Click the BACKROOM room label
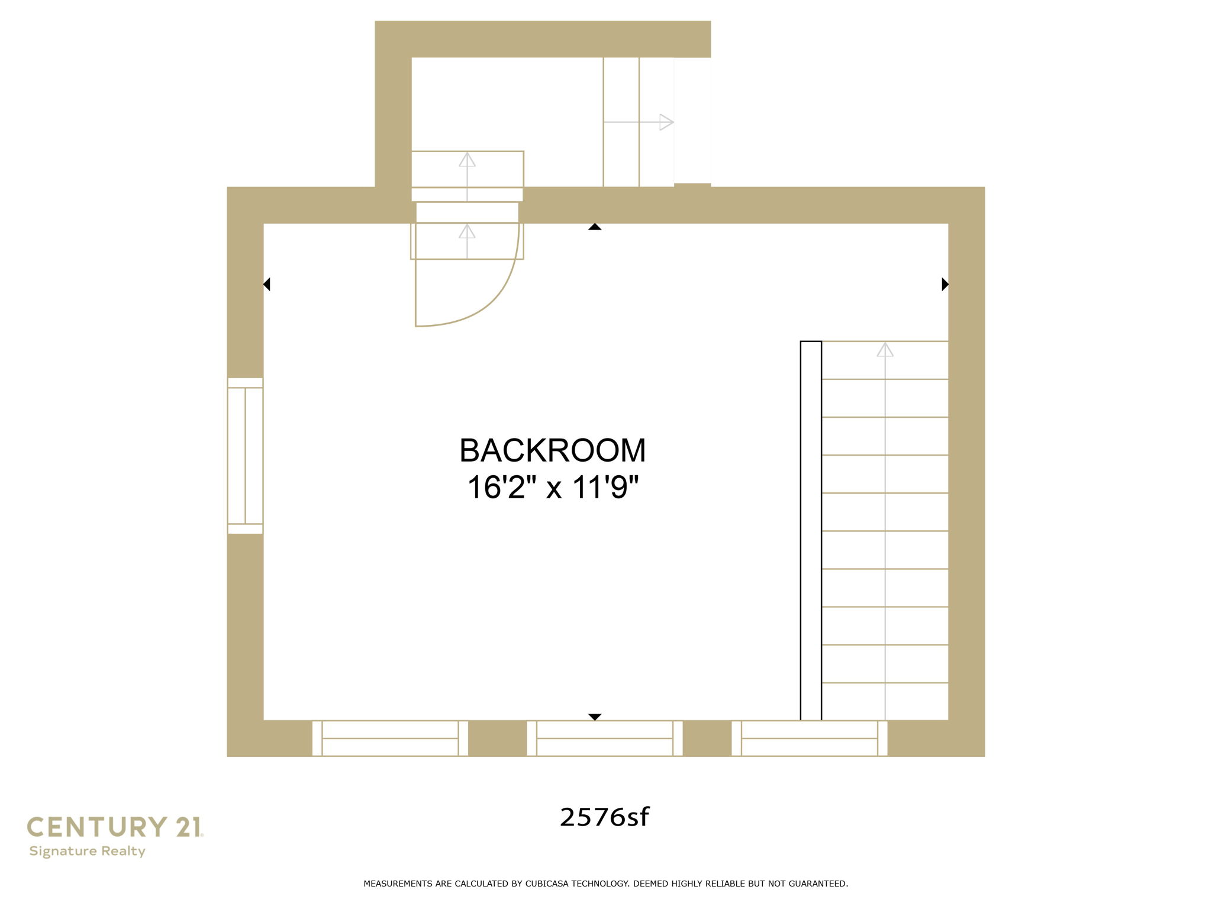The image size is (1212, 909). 552,450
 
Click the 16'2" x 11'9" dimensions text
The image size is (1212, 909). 553,488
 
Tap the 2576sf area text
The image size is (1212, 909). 604,817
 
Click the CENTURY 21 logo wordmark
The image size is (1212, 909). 115,827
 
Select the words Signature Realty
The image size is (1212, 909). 87,851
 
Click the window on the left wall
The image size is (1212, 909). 245,456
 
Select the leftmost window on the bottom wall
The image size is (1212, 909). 390,738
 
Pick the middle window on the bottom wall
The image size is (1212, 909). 604,738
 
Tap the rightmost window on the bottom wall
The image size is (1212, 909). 809,738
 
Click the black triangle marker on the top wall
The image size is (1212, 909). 595,227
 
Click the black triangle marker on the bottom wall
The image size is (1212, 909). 595,717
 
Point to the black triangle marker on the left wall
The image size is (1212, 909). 267,284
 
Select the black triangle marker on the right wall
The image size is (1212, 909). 945,284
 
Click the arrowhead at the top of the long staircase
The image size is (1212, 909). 885,350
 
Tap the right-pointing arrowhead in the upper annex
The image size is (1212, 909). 666,123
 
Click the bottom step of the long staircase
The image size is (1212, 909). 885,701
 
